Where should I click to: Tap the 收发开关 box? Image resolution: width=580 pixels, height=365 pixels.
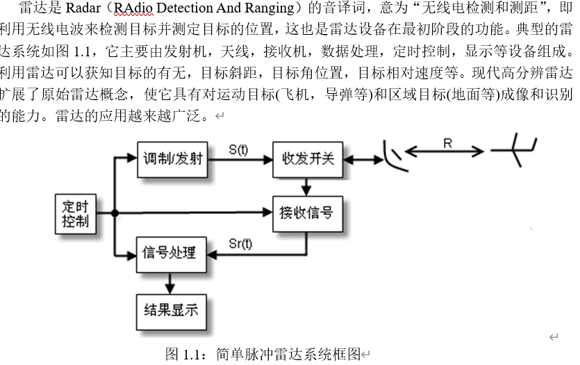point(307,159)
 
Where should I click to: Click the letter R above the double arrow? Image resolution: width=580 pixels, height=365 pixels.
point(447,143)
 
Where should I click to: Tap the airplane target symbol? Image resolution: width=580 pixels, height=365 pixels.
point(515,151)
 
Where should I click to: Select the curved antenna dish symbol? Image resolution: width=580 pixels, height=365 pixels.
point(393,159)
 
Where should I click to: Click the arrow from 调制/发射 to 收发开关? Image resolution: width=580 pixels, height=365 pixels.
point(239,159)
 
